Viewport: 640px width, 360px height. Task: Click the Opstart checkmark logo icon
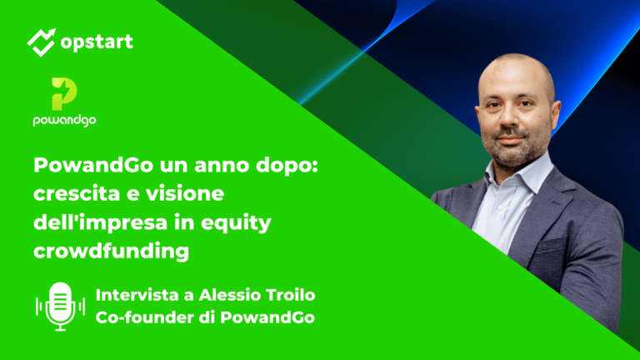click(x=42, y=40)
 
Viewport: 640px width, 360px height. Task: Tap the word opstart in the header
click(x=97, y=40)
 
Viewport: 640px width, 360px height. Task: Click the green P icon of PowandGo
click(x=65, y=94)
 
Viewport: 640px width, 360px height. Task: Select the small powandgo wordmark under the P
click(x=65, y=119)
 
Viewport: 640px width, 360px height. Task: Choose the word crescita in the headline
click(x=76, y=193)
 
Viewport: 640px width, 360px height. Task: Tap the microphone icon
click(x=60, y=305)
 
